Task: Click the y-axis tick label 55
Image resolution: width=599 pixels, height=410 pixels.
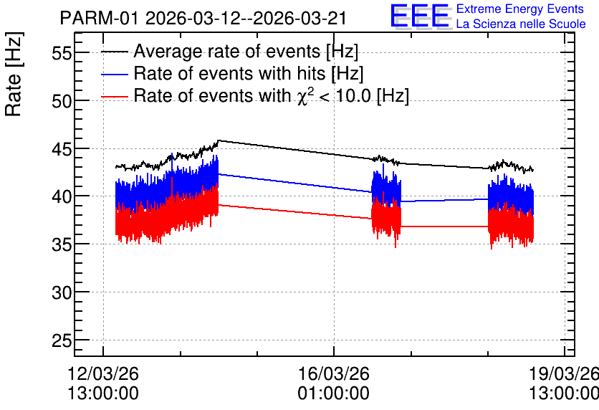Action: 62,53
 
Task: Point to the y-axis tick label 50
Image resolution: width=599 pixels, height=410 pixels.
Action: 62,101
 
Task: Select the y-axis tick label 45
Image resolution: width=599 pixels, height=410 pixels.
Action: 62,148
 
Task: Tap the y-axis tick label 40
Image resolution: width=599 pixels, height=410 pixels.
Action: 62,196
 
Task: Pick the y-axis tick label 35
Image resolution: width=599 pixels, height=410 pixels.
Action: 62,244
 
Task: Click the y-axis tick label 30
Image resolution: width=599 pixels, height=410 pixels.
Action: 62,292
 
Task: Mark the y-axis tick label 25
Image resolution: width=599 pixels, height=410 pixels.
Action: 62,340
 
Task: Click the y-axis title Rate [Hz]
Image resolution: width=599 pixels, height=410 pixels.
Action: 14,74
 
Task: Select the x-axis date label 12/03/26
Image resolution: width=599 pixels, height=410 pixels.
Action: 103,373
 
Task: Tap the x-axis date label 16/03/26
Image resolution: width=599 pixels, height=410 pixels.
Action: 334,373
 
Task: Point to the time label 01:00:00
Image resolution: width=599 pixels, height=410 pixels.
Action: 334,394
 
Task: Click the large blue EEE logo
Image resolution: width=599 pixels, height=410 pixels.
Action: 421,16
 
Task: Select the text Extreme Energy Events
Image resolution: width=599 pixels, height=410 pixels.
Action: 520,9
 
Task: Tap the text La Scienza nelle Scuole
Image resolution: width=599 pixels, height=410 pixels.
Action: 521,24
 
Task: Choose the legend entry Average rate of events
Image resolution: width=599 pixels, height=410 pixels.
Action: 229,51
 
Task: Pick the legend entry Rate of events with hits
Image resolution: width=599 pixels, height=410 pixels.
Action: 232,73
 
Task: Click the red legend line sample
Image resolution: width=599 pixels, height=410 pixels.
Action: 114,97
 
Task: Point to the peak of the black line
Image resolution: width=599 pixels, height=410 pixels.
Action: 218,140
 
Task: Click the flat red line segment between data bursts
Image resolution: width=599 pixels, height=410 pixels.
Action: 444,227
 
